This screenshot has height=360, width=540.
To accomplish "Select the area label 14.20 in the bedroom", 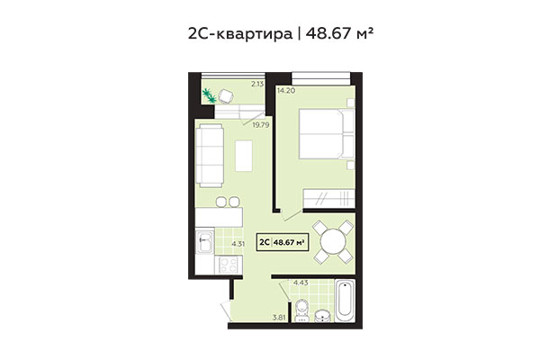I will [x=287, y=91].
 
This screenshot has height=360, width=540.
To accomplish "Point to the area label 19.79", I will [x=262, y=124].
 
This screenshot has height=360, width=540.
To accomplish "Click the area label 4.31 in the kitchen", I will [x=238, y=244].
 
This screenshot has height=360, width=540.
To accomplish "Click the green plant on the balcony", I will [x=211, y=94].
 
